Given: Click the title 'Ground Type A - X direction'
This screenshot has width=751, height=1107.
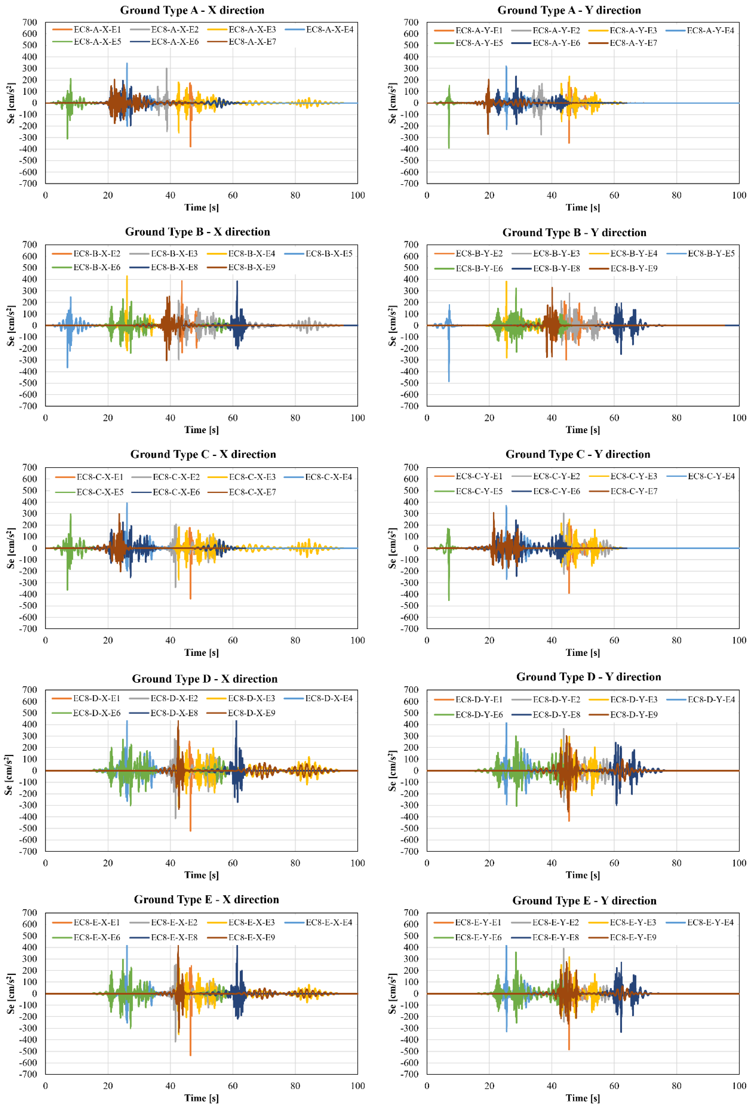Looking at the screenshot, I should point(192,10).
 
